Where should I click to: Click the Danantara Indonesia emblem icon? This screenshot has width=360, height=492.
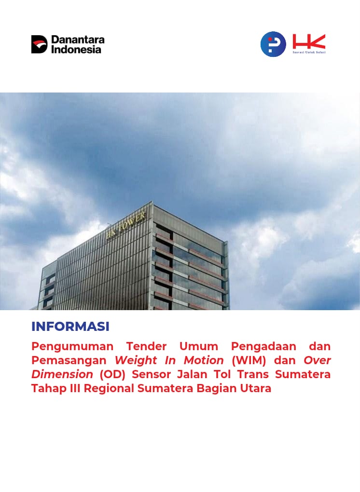point(39,44)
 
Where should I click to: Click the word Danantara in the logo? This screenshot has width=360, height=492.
point(78,40)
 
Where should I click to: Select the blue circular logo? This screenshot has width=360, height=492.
point(273,44)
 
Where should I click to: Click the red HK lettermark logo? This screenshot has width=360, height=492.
point(309,41)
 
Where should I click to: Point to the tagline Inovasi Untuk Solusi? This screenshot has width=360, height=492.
point(309,52)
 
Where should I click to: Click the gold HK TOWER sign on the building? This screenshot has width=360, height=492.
point(126,225)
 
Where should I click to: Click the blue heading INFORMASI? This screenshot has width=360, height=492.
point(70,327)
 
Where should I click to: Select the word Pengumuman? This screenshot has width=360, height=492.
point(72,347)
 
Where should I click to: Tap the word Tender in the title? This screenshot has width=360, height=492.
point(146,346)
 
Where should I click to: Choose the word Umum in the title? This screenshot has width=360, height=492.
point(199,346)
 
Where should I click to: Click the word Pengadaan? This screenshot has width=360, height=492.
point(263,347)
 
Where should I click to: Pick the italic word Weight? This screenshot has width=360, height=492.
point(136,360)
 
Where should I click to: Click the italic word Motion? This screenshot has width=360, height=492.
point(204,360)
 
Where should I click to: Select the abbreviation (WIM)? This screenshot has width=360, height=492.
point(249,360)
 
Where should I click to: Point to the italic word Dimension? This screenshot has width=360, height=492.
point(62,374)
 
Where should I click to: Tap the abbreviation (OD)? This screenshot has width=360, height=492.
point(112,374)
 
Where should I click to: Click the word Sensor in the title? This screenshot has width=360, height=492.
point(151,374)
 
